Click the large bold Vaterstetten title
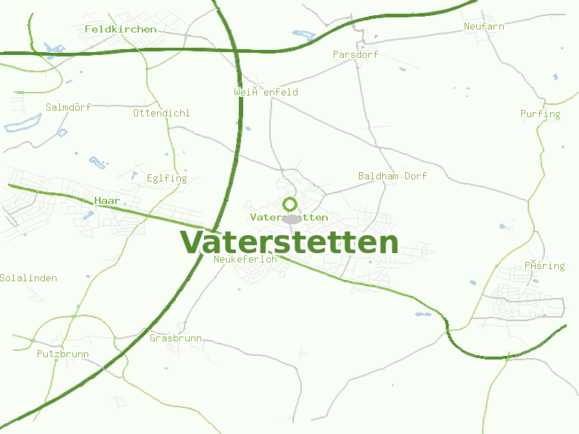tap(289, 242)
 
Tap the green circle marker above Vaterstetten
tap(289, 204)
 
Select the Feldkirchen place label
tap(120, 29)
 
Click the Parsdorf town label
tap(355, 54)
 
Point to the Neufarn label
tap(483, 26)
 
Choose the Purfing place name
tap(540, 114)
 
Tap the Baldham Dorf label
tap(392, 176)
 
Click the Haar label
tap(107, 200)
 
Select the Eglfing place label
tap(166, 178)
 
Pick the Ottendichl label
tap(161, 113)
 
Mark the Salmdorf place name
tap(68, 107)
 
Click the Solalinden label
tap(28, 278)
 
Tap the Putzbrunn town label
tap(62, 354)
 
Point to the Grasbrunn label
tap(175, 338)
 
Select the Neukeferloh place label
tap(245, 258)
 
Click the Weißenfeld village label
tap(266, 92)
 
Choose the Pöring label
tap(544, 265)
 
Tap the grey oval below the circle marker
tap(292, 219)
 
